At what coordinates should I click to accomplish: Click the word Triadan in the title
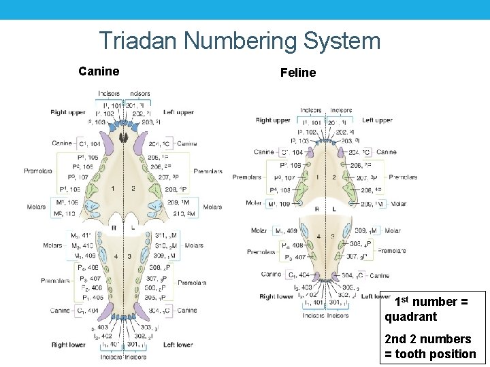pos(138,41)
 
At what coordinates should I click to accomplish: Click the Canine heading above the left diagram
pos(99,71)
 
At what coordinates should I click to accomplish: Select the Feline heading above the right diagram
pos(298,73)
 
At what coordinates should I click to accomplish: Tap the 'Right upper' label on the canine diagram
pos(67,113)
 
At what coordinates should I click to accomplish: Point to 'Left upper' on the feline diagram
pos(377,120)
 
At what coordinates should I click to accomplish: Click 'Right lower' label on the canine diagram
pos(69,345)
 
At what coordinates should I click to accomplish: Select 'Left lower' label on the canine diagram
pos(179,345)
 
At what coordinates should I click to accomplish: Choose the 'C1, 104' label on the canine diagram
pos(89,144)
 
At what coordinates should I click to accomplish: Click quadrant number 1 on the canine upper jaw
pos(112,188)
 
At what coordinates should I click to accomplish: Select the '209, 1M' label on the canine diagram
pos(159,203)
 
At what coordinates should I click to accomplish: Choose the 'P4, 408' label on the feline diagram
pos(292,245)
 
